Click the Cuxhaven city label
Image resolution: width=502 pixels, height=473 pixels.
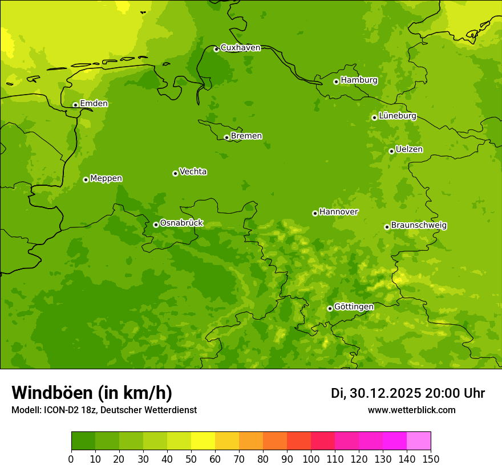tap(240, 48)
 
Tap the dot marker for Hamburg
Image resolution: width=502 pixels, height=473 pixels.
tap(337, 81)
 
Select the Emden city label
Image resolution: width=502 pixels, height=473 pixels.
tap(94, 104)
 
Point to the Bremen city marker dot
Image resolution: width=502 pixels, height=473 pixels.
tap(226, 137)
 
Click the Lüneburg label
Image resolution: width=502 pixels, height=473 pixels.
tap(398, 116)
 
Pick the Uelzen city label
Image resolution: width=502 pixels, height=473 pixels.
tap(409, 149)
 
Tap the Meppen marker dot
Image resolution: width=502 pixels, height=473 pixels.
tap(86, 180)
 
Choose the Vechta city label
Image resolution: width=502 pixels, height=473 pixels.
tap(193, 172)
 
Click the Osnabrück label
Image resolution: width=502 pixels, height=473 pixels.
tap(181, 223)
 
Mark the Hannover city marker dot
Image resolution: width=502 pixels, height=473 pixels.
tap(315, 213)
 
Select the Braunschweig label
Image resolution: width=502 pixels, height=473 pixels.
tap(419, 226)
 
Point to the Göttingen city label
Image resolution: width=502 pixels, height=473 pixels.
tap(354, 307)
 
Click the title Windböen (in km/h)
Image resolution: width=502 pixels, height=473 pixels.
tap(92, 393)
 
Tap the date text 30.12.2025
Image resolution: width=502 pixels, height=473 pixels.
tap(385, 393)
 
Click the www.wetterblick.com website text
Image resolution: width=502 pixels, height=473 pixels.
tap(411, 410)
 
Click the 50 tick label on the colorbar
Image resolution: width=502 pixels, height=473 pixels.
tap(191, 459)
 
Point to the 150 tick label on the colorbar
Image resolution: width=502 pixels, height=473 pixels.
tap(431, 459)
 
